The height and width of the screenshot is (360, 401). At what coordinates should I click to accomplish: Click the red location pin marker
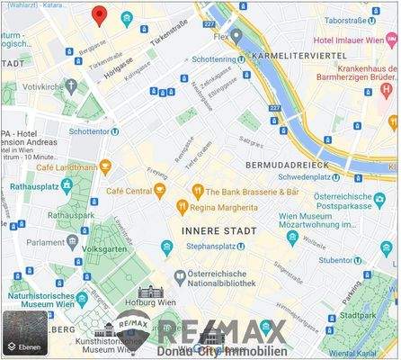pyautogui.click(x=99, y=14)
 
